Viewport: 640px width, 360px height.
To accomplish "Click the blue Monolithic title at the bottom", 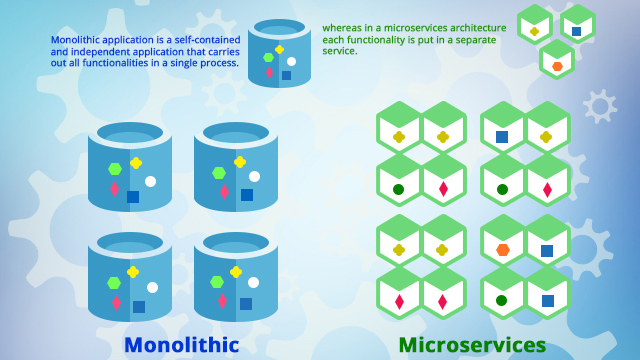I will point(181,345).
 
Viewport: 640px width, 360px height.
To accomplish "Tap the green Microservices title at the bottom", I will point(472,345).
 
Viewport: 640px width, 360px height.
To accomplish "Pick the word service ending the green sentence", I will point(339,51).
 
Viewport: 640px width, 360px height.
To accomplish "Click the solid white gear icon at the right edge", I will point(600,106).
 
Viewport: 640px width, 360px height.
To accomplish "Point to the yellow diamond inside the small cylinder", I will point(279,49).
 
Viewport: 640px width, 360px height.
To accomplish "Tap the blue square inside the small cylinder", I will point(286,75).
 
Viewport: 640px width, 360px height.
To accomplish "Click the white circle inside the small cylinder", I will point(291,62).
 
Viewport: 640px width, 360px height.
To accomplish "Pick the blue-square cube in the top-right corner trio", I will point(576,25).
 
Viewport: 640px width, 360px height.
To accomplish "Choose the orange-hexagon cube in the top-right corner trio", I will point(557,61).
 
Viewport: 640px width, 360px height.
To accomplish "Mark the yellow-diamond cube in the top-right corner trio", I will point(535,26).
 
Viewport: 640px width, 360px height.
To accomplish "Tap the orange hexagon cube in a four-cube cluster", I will point(502,244).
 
